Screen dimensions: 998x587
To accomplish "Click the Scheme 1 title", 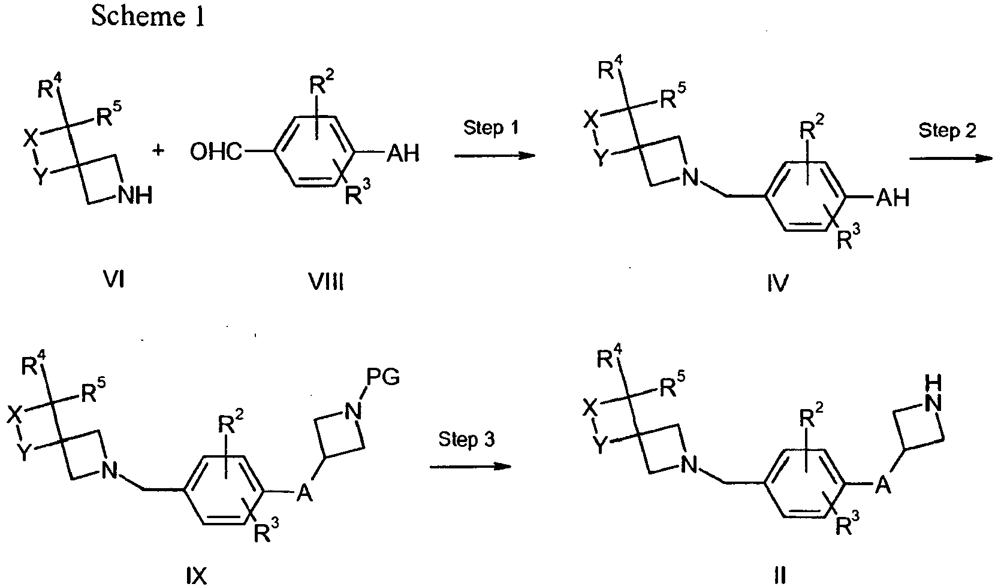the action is pos(148,17).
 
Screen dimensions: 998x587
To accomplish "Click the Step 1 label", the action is pos(491,128).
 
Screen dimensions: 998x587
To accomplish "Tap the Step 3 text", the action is pos(466,440).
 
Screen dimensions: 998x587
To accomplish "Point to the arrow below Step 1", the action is pos(495,155).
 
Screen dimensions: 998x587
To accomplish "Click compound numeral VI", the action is pos(114,280).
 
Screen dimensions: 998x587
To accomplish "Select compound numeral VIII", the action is pos(327,282).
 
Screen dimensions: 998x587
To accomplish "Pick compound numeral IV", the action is pos(778,283).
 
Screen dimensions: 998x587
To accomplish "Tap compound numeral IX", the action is pos(196,577).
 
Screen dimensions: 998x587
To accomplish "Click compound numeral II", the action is pos(780,576).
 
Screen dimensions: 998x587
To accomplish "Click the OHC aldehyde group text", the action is pos(216,152).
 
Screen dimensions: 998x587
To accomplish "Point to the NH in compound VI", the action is pos(135,195).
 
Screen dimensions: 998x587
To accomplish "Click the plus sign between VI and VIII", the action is pos(158,150).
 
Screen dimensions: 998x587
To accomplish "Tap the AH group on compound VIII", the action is pos(403,153).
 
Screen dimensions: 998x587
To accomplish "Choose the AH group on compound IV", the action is pos(893,198).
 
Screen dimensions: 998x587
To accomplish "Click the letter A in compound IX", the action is pos(304,494).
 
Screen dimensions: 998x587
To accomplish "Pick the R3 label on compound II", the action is pos(847,524).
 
